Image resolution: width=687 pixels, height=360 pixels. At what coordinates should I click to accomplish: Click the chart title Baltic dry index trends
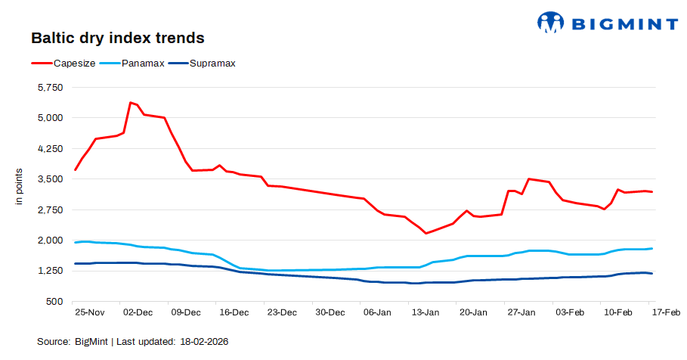(x=117, y=37)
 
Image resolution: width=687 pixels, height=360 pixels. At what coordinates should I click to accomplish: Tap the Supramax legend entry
(x=212, y=64)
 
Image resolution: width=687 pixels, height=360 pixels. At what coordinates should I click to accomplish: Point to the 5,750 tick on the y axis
(x=50, y=88)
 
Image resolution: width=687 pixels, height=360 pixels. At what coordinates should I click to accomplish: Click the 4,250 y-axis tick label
(x=50, y=149)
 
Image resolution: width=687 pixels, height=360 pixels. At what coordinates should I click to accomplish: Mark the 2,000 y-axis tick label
(x=50, y=241)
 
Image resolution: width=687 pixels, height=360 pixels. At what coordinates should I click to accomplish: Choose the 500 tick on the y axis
(x=55, y=302)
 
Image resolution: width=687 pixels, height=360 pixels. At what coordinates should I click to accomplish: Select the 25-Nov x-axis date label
(x=89, y=312)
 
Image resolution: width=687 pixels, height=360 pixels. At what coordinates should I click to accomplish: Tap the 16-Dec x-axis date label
(x=233, y=312)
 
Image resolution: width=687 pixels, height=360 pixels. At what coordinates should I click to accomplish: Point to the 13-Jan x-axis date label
(x=425, y=312)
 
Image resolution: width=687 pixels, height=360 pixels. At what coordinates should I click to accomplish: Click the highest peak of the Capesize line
(x=131, y=102)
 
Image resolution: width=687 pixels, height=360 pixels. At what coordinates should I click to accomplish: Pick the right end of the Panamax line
(x=651, y=249)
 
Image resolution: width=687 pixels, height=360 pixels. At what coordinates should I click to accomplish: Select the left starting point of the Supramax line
(x=75, y=263)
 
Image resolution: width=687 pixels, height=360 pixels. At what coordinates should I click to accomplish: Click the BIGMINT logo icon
(x=551, y=22)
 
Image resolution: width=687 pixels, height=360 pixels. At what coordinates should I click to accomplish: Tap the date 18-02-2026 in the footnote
(x=204, y=342)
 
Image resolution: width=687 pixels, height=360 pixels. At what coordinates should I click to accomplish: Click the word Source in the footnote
(x=54, y=342)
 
